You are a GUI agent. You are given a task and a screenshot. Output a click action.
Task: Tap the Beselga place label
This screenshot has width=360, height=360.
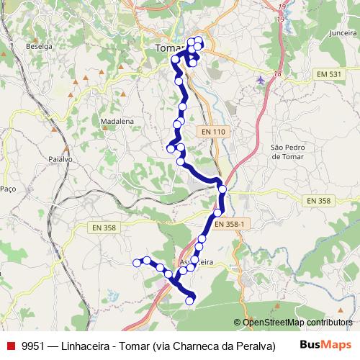tap(40, 46)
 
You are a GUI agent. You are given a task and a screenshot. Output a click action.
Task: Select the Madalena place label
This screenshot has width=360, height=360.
tap(117, 122)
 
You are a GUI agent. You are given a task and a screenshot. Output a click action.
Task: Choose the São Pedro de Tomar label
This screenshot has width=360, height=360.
tap(288, 152)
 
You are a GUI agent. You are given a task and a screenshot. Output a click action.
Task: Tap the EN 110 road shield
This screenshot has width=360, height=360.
tap(213, 132)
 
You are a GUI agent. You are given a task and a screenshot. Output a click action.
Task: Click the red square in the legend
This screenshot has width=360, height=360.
tap(10, 345)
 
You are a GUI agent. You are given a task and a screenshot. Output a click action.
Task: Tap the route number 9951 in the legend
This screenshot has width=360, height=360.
tap(33, 345)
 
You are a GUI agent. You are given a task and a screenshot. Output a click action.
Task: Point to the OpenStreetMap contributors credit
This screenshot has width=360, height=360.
tap(297, 323)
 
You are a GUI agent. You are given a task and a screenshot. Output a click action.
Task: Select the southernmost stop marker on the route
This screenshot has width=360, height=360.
tap(189, 301)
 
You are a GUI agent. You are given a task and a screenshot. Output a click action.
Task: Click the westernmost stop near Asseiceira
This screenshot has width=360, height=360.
tap(136, 264)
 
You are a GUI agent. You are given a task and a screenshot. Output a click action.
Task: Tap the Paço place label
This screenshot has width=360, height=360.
tap(9, 188)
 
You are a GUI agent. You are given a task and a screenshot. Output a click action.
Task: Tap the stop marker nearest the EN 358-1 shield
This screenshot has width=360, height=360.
tap(217, 213)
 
